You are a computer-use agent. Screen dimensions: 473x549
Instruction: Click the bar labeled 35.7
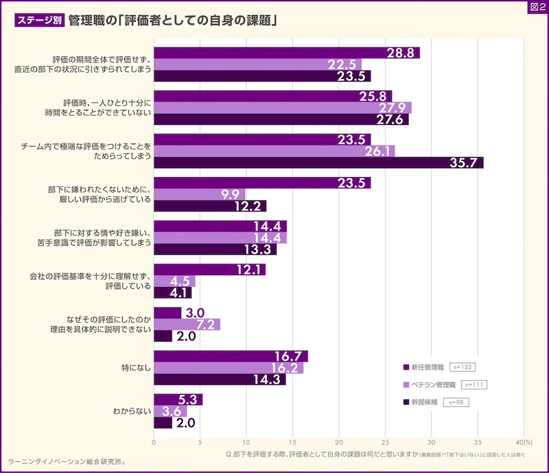(x=318, y=163)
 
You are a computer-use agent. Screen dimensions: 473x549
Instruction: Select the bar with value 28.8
(x=286, y=53)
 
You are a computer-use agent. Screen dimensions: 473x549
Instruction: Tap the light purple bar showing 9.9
(x=199, y=194)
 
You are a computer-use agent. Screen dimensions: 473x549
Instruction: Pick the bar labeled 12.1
(x=209, y=270)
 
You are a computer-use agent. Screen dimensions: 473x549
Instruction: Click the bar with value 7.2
(x=187, y=324)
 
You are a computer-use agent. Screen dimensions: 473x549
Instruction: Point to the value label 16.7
(x=287, y=356)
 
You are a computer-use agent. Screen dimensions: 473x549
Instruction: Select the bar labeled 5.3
(x=178, y=400)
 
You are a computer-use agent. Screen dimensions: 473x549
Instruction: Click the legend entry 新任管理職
(x=425, y=367)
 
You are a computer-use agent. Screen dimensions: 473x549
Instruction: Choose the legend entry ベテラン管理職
(x=430, y=384)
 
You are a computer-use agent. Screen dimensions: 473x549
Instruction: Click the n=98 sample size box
(x=456, y=402)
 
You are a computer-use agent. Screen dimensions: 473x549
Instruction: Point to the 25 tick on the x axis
(x=385, y=443)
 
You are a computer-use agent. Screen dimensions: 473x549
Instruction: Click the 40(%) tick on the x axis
(x=523, y=443)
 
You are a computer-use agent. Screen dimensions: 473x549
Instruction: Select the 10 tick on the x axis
(x=246, y=443)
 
